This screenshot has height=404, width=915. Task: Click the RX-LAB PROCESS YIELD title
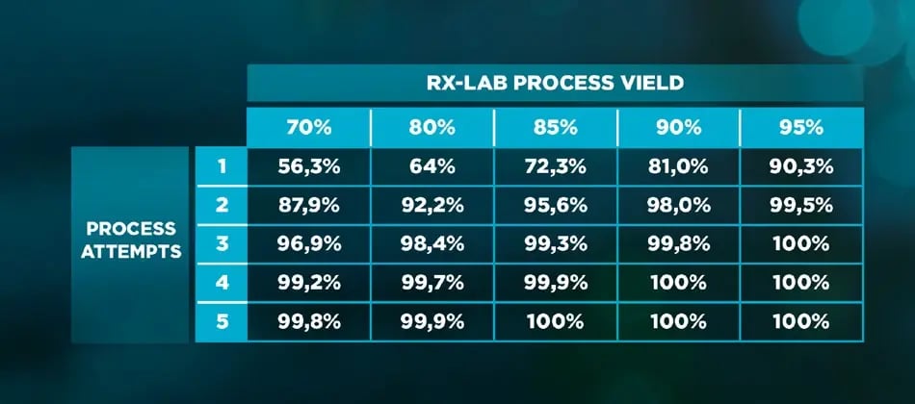click(x=555, y=82)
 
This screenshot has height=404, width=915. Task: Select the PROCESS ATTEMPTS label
click(x=131, y=240)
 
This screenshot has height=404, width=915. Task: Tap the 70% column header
click(x=308, y=127)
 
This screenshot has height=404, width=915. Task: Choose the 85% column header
click(x=555, y=127)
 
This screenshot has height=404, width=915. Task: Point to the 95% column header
click(x=801, y=127)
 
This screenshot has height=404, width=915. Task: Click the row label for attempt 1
click(x=221, y=165)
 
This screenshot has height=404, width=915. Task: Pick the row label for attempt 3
click(x=221, y=243)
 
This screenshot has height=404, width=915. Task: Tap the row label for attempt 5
click(x=221, y=321)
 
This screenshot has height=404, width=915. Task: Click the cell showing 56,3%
click(x=308, y=165)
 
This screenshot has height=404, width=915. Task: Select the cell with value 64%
click(x=431, y=165)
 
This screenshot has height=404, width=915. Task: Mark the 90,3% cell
click(x=801, y=165)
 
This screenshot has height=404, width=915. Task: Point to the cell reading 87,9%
click(x=308, y=205)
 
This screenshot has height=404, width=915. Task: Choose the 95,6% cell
click(x=555, y=205)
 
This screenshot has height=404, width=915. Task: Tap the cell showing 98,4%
click(x=431, y=243)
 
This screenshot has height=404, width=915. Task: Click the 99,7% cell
click(x=431, y=283)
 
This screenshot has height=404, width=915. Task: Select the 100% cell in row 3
click(x=801, y=243)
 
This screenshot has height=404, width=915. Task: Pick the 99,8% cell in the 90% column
click(x=678, y=243)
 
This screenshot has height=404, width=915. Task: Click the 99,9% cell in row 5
click(x=431, y=321)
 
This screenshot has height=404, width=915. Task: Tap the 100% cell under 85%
click(x=555, y=321)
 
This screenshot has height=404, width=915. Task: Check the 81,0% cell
click(x=678, y=165)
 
